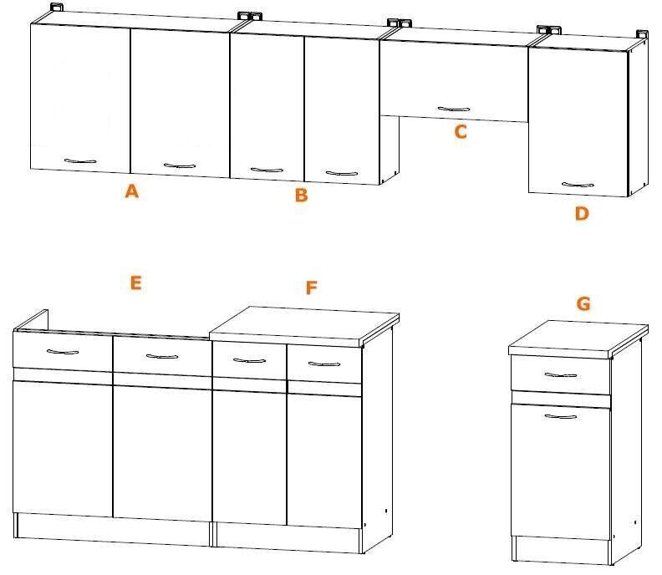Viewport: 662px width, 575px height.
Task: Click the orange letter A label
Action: (132, 191)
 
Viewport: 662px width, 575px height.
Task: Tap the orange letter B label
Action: (302, 195)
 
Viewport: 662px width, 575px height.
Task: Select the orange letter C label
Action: (461, 132)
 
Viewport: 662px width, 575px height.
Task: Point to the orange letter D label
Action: (582, 213)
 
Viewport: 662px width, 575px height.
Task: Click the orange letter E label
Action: (135, 282)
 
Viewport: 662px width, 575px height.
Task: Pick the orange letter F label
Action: (311, 287)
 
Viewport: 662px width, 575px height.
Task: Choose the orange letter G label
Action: (583, 303)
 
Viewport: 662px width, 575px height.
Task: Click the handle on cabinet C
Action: (453, 109)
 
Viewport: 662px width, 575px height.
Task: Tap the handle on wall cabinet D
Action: (578, 184)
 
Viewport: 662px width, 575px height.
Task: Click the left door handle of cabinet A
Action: (80, 160)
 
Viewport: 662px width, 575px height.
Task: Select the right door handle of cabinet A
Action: (180, 165)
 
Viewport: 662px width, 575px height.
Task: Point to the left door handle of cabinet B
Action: (267, 170)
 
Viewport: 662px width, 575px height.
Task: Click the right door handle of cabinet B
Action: (342, 173)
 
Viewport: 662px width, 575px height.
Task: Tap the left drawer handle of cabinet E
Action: (63, 351)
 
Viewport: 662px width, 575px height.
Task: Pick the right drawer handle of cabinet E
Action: (162, 356)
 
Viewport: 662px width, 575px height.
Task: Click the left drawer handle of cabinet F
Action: (250, 360)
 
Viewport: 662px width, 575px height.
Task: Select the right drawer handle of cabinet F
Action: (324, 364)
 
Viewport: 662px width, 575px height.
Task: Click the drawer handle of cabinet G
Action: (561, 375)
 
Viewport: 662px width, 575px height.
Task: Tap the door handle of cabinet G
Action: (561, 417)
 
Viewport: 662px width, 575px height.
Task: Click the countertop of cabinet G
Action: (578, 337)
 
